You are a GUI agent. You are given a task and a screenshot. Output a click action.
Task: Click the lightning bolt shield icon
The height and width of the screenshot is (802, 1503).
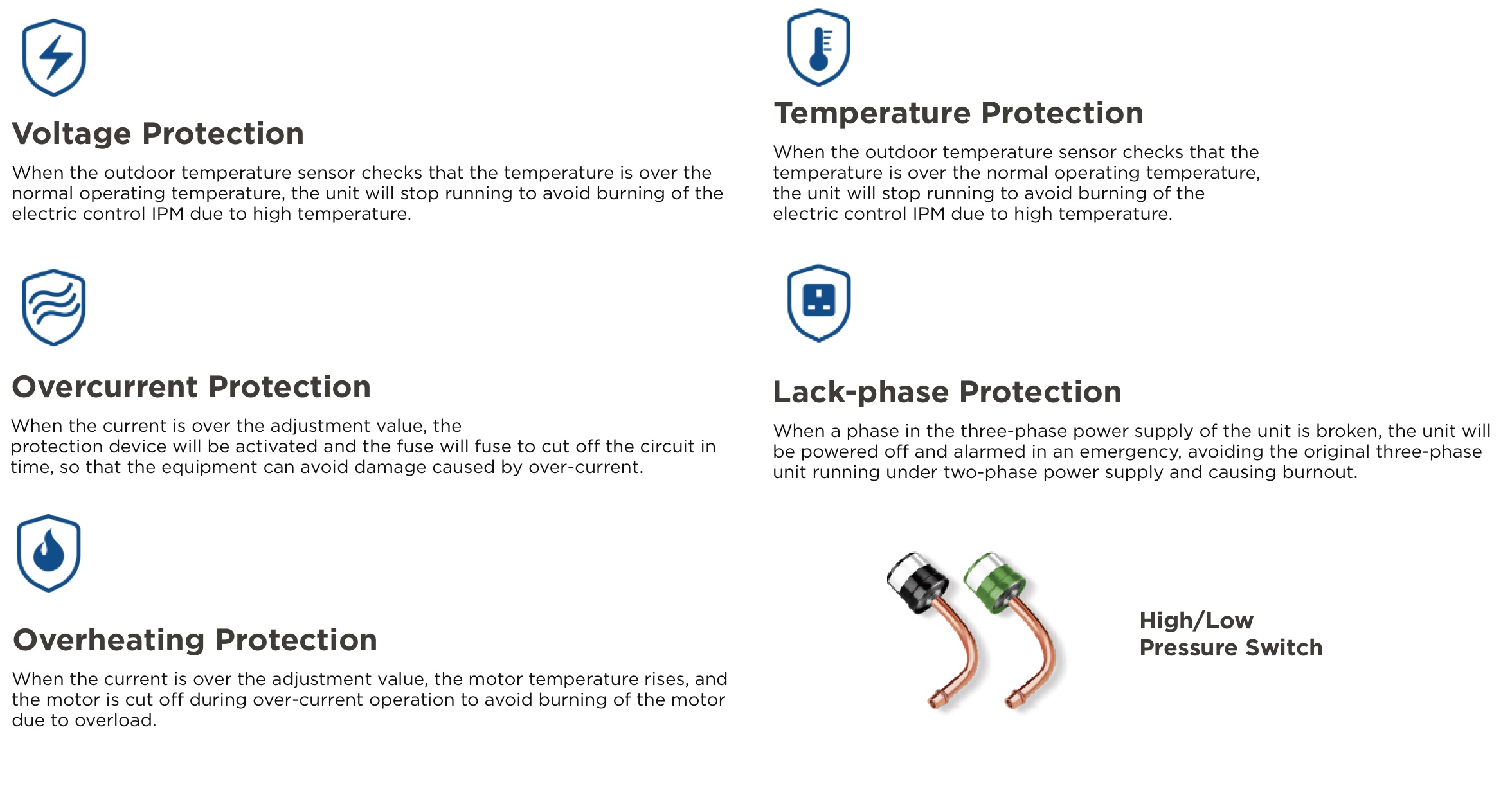[54, 58]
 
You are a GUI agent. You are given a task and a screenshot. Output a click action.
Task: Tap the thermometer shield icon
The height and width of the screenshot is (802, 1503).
[818, 48]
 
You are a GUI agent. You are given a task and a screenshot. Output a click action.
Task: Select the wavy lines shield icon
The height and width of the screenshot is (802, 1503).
[54, 307]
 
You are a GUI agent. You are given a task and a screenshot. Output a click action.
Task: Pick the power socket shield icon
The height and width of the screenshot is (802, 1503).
[818, 303]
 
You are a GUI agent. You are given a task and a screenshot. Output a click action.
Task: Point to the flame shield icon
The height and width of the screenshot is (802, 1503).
[49, 553]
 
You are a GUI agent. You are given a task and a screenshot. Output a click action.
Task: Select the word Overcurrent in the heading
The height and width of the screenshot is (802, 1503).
[105, 387]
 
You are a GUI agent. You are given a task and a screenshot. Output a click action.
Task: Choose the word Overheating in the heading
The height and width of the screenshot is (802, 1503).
[109, 640]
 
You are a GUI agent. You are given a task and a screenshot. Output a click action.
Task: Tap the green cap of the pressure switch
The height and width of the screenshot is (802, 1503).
[995, 582]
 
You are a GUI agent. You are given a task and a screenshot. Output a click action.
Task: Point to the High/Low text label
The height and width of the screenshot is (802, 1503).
[1196, 621]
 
